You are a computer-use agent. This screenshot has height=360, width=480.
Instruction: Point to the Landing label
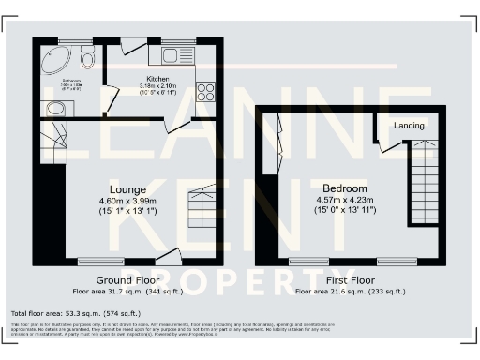pos(409,126)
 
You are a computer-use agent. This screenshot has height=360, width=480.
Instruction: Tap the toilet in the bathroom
pos(87,60)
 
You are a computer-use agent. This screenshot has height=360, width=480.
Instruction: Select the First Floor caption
pos(349,280)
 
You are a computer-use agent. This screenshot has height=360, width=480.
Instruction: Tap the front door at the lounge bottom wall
pos(168,254)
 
